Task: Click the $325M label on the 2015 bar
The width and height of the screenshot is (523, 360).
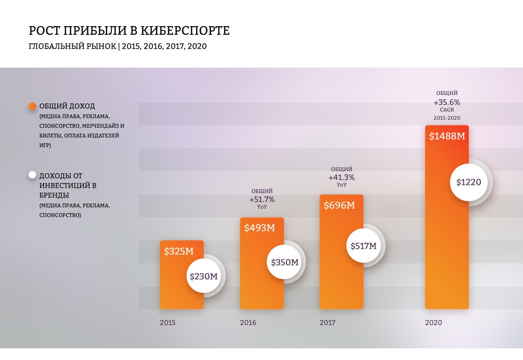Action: point(179,251)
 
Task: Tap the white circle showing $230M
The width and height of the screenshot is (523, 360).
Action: point(204,276)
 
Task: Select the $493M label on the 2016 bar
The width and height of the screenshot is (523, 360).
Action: point(259,228)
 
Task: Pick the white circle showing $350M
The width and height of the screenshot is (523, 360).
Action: point(285,262)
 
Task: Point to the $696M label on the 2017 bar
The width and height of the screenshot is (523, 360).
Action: point(339,205)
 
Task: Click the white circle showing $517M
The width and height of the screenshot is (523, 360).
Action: point(363,246)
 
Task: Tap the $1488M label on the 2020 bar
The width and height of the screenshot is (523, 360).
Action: point(447,136)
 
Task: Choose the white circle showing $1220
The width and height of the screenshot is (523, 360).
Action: point(469,182)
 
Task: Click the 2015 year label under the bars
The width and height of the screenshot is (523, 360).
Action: point(168,323)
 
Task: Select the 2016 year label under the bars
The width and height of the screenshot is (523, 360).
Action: point(248,323)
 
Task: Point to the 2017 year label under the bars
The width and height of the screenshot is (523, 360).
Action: point(328,323)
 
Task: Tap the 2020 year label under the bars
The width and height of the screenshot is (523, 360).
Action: point(433,323)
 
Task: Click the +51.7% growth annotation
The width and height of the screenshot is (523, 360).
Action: point(262,199)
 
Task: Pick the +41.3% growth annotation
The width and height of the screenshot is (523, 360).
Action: point(341,177)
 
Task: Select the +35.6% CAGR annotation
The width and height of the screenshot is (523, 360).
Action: point(447,103)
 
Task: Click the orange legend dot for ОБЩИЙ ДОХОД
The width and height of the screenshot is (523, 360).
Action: point(32,106)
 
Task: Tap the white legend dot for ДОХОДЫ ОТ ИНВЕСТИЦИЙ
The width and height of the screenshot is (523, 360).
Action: point(32,175)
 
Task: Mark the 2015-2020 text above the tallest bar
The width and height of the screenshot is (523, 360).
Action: point(447,118)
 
